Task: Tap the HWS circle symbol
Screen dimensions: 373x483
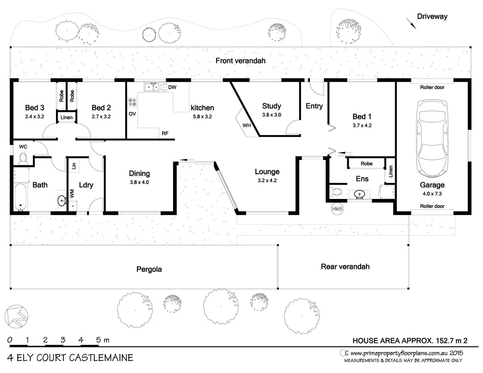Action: click(337, 209)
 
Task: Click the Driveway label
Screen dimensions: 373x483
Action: click(432, 16)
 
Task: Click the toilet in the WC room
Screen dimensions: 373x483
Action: click(23, 158)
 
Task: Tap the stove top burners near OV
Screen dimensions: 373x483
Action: click(132, 102)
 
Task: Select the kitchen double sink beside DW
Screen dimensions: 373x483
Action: click(151, 87)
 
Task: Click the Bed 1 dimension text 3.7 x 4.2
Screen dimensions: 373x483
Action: click(362, 125)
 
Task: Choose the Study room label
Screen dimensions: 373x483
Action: click(271, 106)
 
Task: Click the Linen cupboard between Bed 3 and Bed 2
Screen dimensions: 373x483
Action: click(66, 117)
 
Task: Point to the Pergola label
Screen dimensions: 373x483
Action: click(149, 269)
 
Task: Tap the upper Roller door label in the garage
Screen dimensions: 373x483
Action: click(432, 87)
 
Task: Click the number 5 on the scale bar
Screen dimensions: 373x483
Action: click(98, 340)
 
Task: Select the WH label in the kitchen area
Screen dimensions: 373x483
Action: click(246, 125)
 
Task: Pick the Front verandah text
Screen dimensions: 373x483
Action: click(240, 61)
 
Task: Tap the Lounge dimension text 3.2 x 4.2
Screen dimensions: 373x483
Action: click(267, 180)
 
